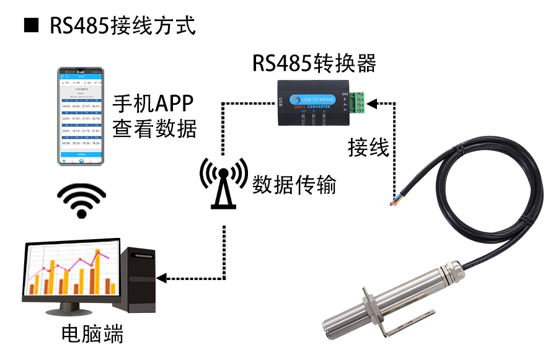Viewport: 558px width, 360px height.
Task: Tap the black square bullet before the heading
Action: pyautogui.click(x=29, y=25)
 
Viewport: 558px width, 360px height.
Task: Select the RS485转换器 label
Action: pyautogui.click(x=314, y=63)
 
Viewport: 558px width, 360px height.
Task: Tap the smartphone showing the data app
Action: pyautogui.click(x=81, y=116)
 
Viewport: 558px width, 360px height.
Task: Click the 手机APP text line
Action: pyautogui.click(x=153, y=102)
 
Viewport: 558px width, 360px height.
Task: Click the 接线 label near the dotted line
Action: pyautogui.click(x=368, y=148)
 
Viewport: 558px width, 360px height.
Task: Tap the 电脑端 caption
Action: pyautogui.click(x=92, y=335)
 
